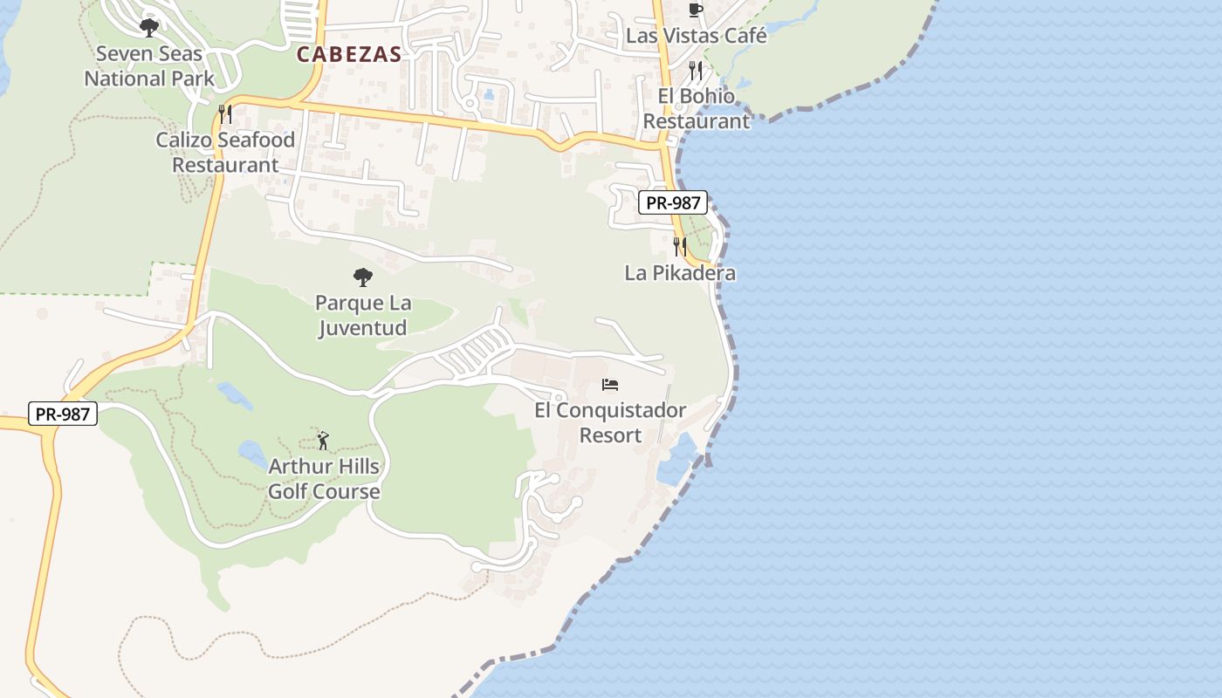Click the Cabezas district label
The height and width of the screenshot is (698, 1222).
tap(349, 54)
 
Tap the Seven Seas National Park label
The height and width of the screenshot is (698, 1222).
tap(149, 65)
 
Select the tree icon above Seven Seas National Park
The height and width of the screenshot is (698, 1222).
tap(149, 27)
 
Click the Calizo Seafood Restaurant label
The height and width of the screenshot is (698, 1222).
tap(225, 152)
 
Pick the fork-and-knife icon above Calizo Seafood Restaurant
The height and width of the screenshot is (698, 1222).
tap(225, 113)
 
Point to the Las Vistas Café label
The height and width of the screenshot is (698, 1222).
tap(697, 36)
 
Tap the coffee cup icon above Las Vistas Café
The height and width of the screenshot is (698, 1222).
tap(696, 10)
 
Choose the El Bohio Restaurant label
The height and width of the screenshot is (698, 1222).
tap(697, 108)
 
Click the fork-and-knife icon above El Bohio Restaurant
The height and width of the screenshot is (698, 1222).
tap(696, 71)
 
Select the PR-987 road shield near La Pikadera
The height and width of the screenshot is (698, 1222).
tap(672, 203)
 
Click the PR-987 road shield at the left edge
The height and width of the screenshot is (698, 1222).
tap(63, 414)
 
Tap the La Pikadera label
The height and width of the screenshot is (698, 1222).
tap(680, 273)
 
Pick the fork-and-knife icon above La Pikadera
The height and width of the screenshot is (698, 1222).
tap(680, 247)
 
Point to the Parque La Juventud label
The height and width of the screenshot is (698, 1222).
tap(363, 316)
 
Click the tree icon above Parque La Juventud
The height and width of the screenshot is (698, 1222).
tap(363, 277)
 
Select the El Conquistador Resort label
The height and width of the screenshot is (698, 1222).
tap(610, 422)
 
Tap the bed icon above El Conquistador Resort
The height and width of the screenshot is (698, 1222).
tap(611, 385)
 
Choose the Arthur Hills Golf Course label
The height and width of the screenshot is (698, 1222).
tap(324, 478)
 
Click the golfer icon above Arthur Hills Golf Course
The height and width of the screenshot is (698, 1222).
tap(323, 441)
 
